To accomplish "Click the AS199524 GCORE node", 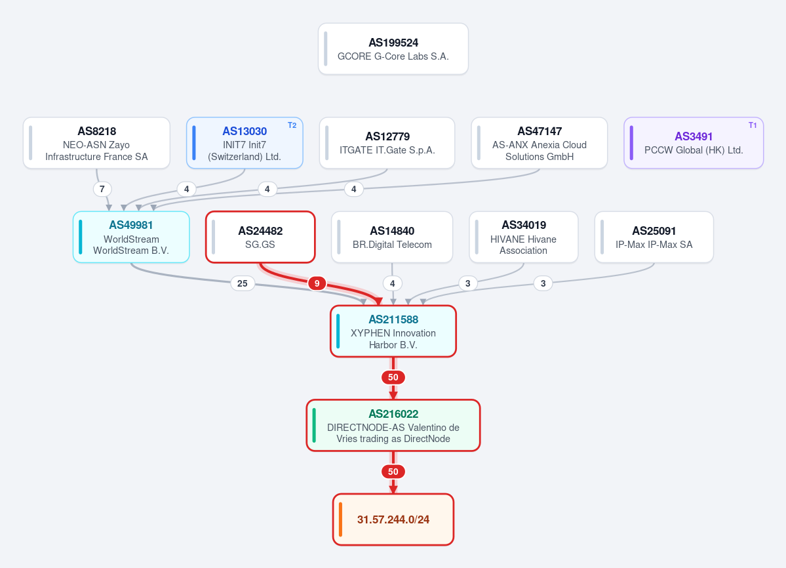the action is click(x=393, y=49).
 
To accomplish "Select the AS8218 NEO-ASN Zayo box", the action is click(x=96, y=143).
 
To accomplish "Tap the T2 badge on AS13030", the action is click(x=292, y=125).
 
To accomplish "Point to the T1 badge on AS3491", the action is click(x=753, y=125).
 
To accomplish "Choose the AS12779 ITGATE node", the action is click(x=387, y=143).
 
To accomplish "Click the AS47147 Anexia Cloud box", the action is click(x=540, y=143).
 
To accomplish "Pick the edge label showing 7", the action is click(x=102, y=189).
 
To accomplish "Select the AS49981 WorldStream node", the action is click(x=131, y=237).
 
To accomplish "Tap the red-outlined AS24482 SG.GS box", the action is click(x=260, y=237).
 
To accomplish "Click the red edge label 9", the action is click(x=317, y=283).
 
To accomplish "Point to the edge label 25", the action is click(x=242, y=283).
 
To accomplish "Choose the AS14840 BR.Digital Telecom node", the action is click(x=392, y=237).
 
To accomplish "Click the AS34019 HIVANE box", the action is click(x=523, y=237).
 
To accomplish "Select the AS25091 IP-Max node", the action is click(x=654, y=237).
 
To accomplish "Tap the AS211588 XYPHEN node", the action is click(x=393, y=331).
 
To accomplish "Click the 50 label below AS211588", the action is click(x=393, y=378).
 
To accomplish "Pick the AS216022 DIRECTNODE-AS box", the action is click(x=393, y=426).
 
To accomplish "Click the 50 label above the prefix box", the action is click(x=393, y=472).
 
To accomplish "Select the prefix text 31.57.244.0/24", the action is click(x=393, y=520).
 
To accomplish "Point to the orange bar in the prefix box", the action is click(x=340, y=520).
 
